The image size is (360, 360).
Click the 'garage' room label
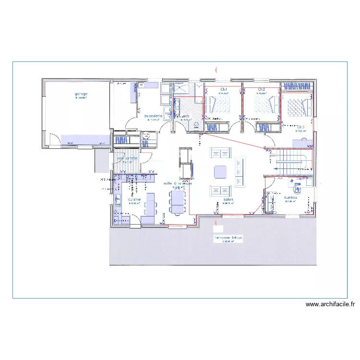coord(81,94)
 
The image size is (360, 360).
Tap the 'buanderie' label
coord(153,116)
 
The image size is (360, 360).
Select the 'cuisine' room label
coord(134,199)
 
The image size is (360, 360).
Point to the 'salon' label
coord(228,200)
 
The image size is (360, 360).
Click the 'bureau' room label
coord(290,197)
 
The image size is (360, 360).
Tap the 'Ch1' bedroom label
coord(224,90)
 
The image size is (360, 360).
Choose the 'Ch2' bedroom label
coord(262,90)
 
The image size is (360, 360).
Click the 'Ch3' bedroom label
coord(301,127)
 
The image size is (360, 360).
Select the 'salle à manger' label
coord(178,184)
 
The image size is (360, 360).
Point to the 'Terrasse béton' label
coord(228,238)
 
